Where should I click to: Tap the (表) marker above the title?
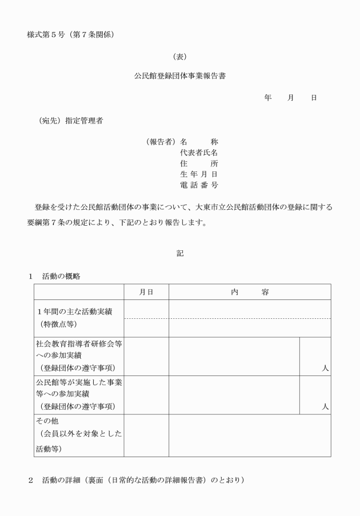[179, 57]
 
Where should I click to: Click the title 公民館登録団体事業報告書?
[179, 75]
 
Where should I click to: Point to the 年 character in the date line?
[267, 98]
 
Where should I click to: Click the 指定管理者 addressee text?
[84, 121]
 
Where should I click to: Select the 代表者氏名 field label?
[199, 153]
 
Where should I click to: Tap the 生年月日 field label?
[199, 174]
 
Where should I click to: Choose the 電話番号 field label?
[199, 185]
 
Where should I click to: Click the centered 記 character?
[179, 253]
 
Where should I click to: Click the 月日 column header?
[146, 292]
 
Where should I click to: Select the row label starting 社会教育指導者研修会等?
[78, 344]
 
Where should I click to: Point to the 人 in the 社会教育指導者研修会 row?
[325, 369]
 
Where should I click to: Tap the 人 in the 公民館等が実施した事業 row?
[325, 407]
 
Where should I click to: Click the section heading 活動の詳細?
[61, 480]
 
